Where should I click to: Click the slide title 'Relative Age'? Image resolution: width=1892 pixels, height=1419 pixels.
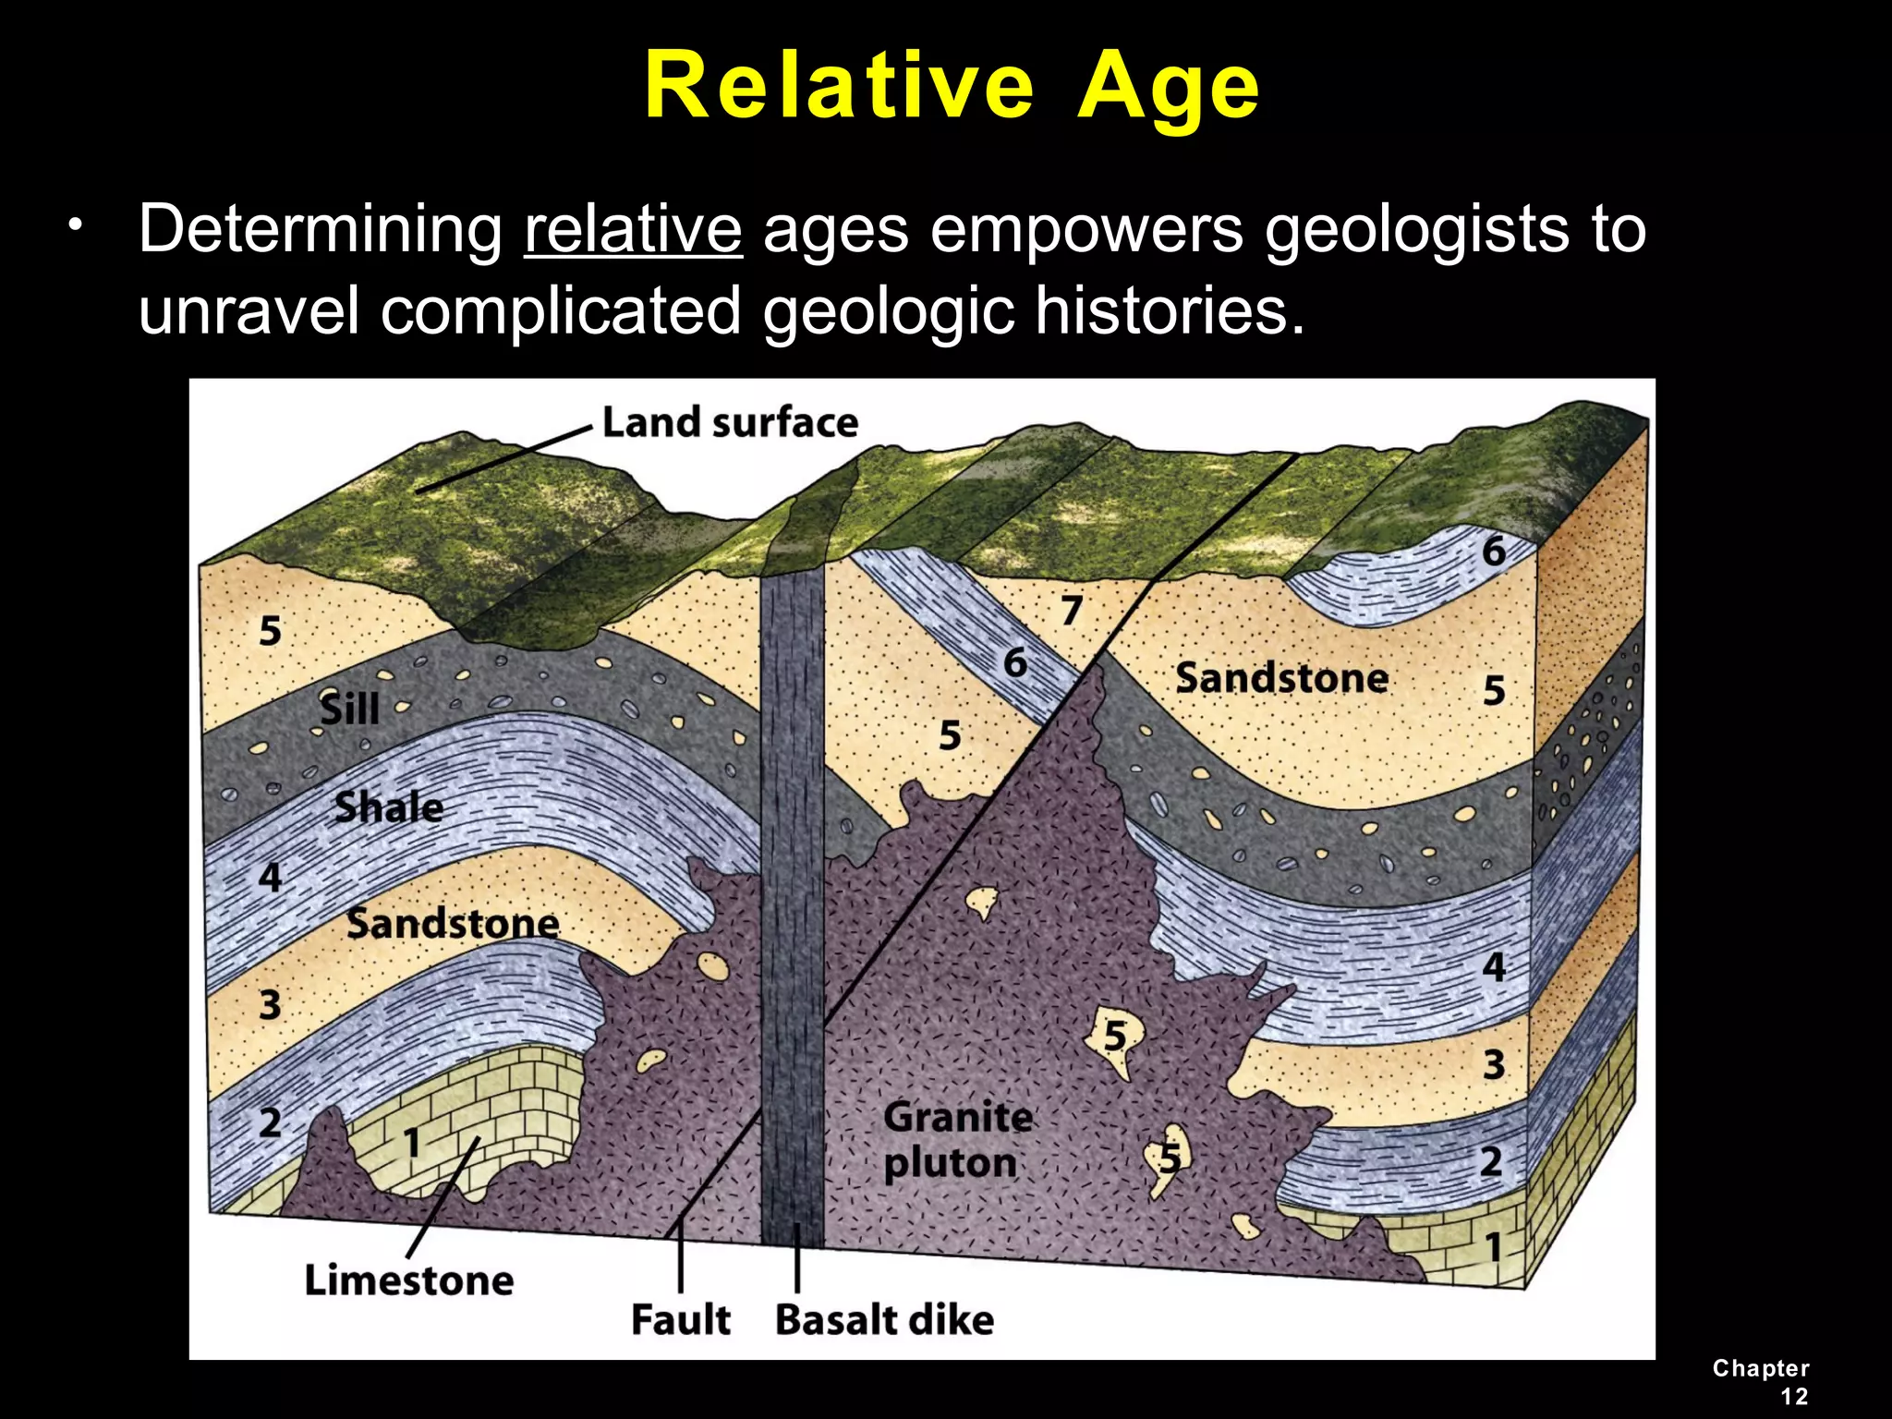point(952,86)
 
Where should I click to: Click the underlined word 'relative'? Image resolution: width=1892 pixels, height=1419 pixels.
point(633,228)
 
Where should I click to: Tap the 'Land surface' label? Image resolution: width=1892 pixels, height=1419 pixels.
point(730,423)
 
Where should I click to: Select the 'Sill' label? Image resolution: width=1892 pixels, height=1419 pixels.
point(349,709)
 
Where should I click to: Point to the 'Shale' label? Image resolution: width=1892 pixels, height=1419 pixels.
point(389,807)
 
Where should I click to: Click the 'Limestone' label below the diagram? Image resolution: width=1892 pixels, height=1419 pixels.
point(409,1280)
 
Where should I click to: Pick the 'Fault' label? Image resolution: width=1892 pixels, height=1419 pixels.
point(681,1318)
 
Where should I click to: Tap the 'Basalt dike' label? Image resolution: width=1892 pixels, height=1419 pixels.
point(884,1319)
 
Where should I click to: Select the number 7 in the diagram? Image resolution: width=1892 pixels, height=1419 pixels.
point(1071,611)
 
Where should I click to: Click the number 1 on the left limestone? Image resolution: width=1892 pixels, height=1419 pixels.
point(412,1143)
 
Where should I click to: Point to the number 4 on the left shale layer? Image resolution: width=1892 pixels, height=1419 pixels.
point(270,877)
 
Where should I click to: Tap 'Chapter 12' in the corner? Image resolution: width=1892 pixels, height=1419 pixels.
point(1761,1382)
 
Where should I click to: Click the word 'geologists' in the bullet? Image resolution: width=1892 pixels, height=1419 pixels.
point(1414,228)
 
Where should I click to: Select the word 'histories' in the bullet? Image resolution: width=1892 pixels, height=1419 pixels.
point(1169,310)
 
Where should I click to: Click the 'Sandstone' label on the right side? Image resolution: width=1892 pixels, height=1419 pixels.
point(1281,678)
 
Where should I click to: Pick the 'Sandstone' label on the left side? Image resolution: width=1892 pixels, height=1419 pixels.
point(453,923)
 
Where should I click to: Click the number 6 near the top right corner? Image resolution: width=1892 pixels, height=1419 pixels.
point(1494,552)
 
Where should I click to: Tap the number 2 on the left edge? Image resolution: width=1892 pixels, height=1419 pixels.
point(270,1122)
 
